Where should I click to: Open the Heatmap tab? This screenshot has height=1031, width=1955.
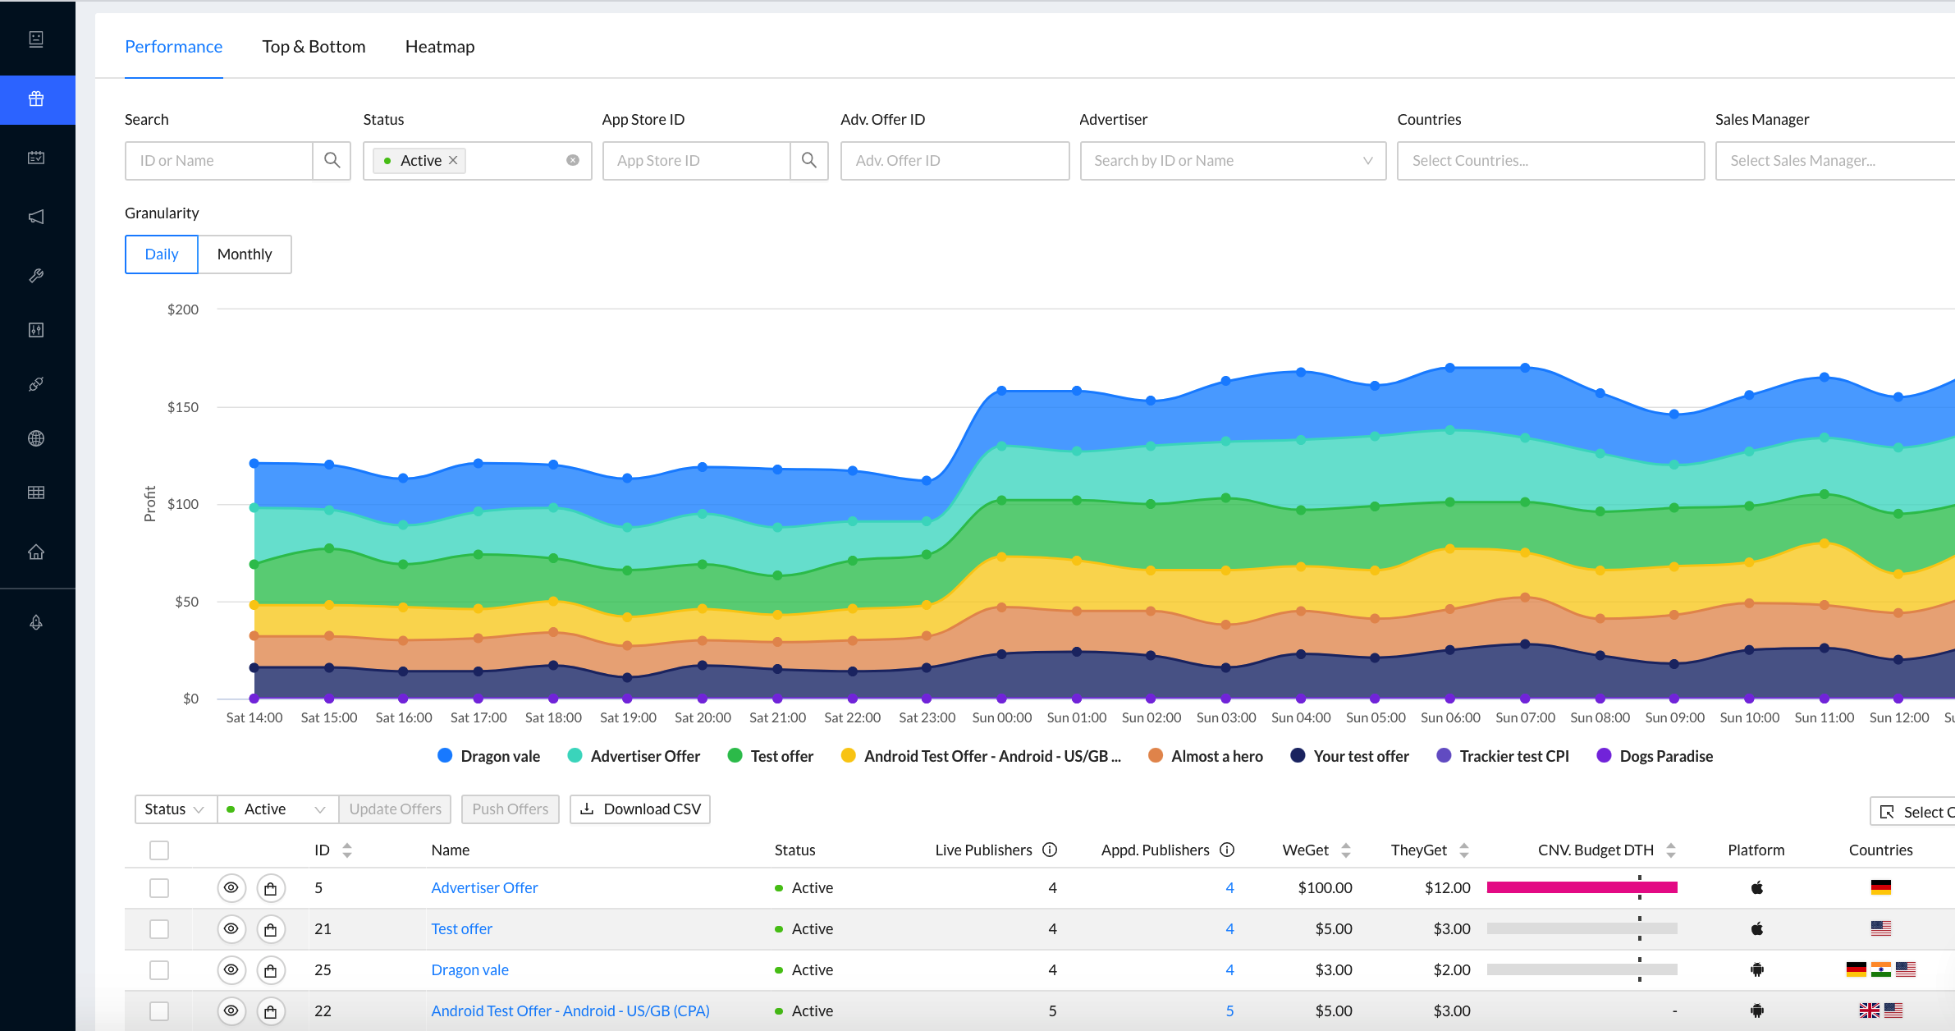pos(440,47)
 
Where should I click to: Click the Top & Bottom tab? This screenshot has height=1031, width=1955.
pos(314,47)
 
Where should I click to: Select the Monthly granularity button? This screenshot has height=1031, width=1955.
pos(245,254)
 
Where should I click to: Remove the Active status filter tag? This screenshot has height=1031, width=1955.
pos(453,161)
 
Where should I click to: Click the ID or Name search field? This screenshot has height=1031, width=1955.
pos(219,161)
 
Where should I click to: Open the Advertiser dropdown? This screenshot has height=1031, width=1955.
pos(1232,161)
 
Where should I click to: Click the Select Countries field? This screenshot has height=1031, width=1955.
pos(1550,161)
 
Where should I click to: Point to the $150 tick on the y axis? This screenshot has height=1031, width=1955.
pos(183,407)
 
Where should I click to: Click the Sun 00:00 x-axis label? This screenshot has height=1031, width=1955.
pos(1001,717)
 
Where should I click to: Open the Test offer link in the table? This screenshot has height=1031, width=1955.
pos(461,928)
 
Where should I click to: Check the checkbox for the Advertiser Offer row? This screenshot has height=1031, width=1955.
pos(159,887)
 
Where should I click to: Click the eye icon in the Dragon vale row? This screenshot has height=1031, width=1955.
pos(231,969)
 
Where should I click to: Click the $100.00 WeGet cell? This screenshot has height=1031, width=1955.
pos(1325,887)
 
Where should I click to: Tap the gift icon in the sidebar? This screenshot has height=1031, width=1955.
pos(36,99)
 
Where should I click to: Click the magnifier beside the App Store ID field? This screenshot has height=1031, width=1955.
pos(809,161)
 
